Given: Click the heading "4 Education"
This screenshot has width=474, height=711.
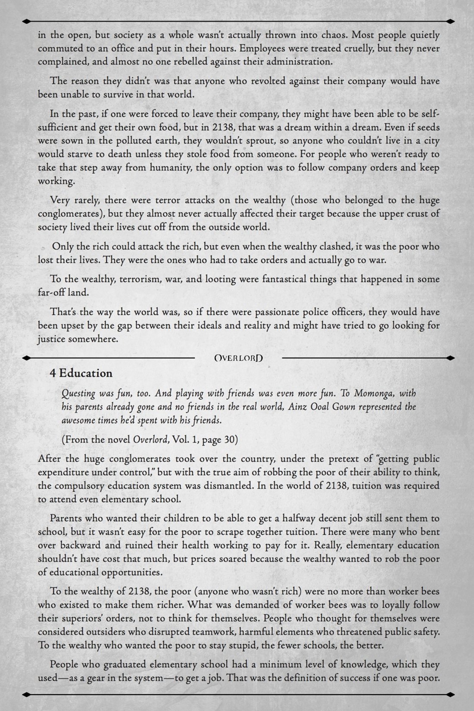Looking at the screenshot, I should tap(81, 373).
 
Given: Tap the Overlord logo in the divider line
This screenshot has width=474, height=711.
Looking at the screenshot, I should tap(238, 358).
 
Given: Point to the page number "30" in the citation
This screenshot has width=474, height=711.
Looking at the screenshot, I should tap(228, 440).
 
